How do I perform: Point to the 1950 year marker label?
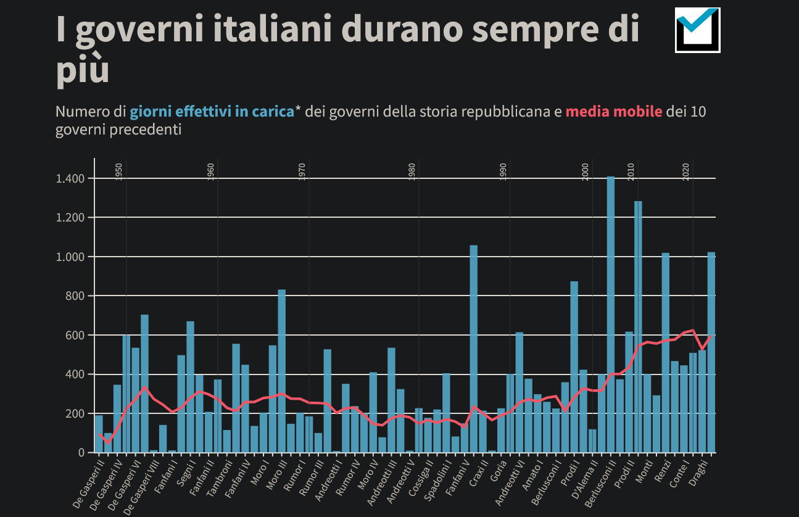click(119, 171)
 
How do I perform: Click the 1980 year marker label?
click(412, 171)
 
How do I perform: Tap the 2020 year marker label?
click(686, 171)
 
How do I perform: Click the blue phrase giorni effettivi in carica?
click(212, 112)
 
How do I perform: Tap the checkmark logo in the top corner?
click(698, 30)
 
